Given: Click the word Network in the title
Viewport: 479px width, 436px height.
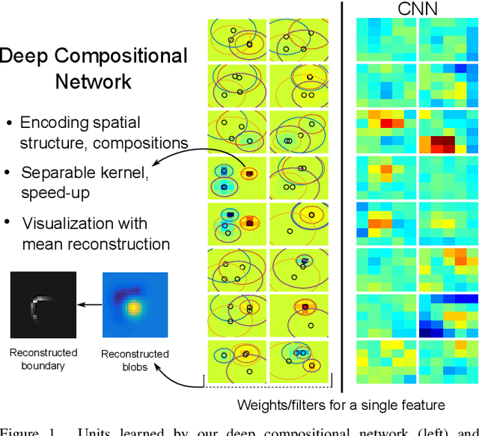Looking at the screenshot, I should pyautogui.click(x=93, y=81).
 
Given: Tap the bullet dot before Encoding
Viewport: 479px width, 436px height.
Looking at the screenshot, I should pyautogui.click(x=8, y=123).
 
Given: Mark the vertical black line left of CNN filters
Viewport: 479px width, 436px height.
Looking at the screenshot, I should pyautogui.click(x=342, y=194).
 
